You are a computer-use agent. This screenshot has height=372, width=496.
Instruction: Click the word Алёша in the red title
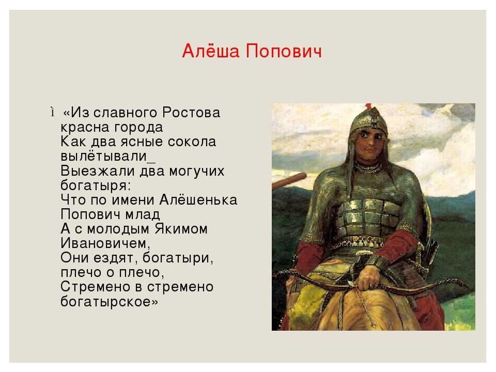(211, 51)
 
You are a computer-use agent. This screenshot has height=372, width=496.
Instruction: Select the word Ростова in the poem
(191, 113)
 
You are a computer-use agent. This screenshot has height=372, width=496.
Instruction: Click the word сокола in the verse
(192, 142)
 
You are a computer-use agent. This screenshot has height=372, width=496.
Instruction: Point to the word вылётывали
(104, 156)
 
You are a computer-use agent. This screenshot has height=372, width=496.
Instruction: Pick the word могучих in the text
(197, 171)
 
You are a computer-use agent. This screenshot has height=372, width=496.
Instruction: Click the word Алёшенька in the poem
(198, 200)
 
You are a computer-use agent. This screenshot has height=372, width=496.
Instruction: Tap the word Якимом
(181, 229)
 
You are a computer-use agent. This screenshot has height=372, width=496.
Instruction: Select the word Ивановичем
(105, 243)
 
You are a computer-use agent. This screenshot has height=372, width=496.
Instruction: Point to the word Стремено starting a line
(95, 287)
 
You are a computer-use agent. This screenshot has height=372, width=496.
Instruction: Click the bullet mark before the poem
(52, 112)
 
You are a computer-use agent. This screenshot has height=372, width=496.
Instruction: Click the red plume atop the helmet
(368, 106)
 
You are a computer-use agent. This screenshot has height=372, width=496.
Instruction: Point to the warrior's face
(371, 145)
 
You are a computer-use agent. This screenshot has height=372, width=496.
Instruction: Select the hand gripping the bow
(369, 278)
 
